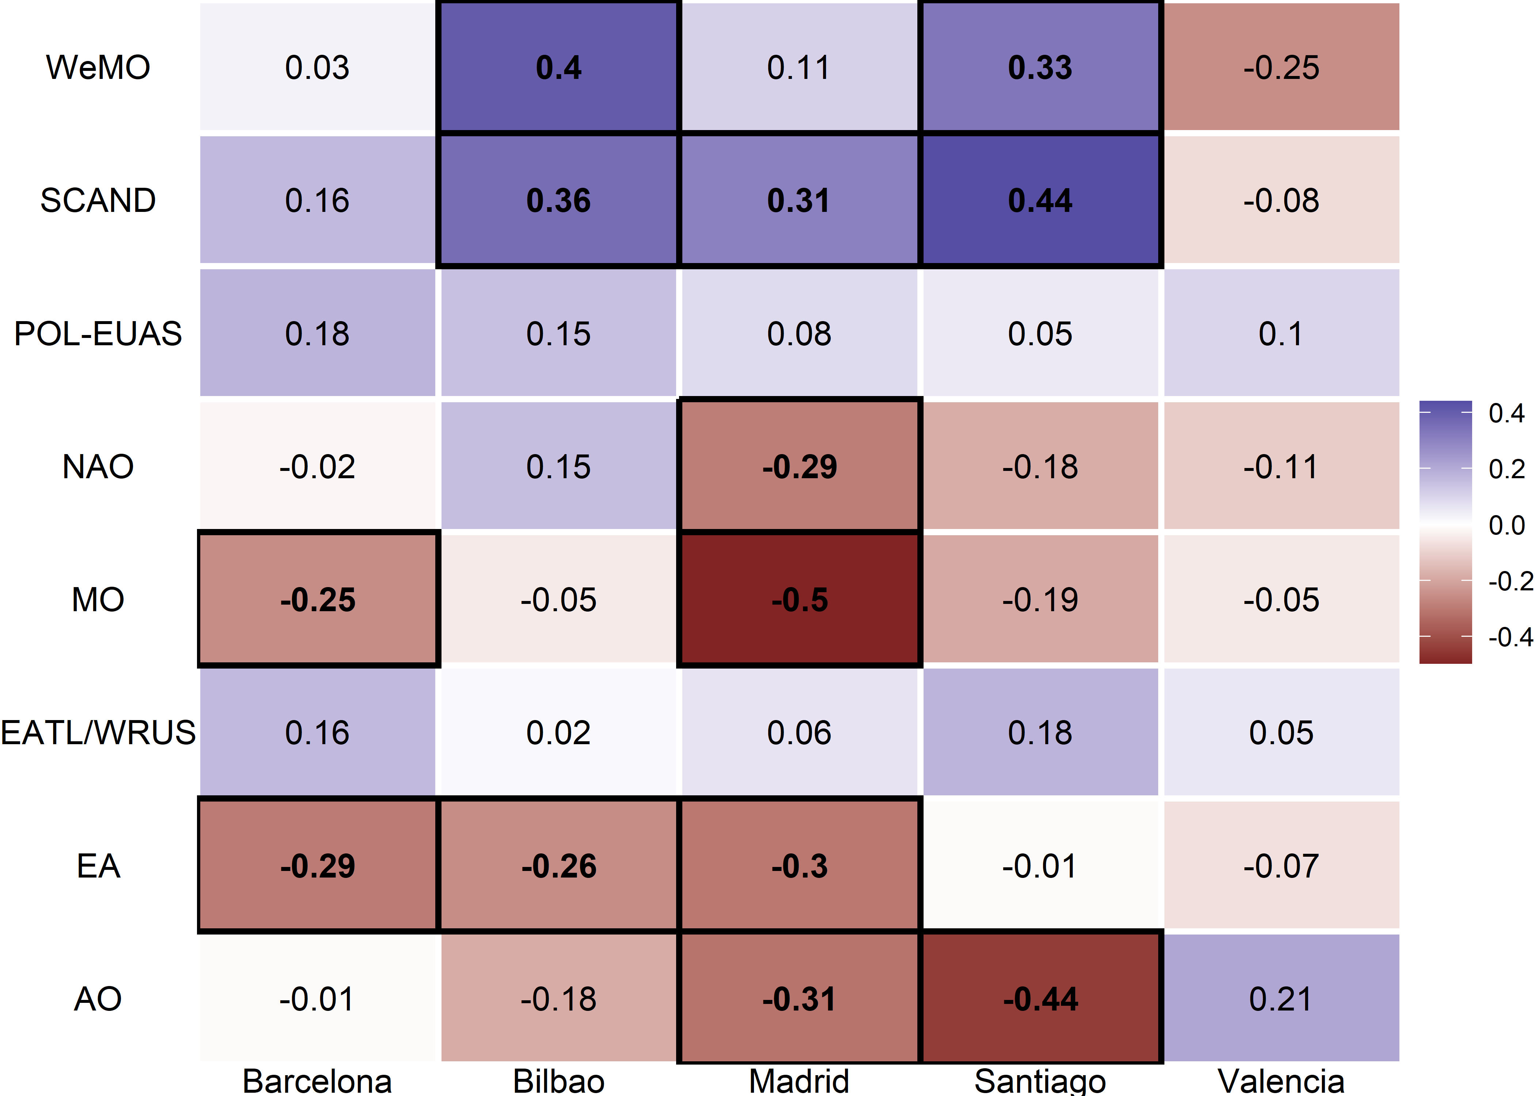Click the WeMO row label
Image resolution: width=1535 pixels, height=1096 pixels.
click(98, 68)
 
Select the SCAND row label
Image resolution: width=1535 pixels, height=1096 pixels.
click(98, 201)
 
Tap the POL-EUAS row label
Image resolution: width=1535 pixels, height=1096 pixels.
click(98, 334)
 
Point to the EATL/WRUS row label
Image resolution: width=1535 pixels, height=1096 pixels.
click(98, 733)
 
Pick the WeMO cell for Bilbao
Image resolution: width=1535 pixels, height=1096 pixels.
click(558, 68)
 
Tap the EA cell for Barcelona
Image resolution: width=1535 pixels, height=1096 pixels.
click(317, 866)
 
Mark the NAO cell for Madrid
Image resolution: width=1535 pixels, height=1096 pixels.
click(799, 466)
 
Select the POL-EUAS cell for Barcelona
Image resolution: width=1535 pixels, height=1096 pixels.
click(317, 334)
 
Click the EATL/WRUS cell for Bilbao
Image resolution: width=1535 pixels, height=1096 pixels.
click(558, 733)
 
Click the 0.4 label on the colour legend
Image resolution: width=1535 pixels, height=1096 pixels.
click(1506, 413)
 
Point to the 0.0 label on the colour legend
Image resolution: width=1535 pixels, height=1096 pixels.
click(1506, 525)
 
